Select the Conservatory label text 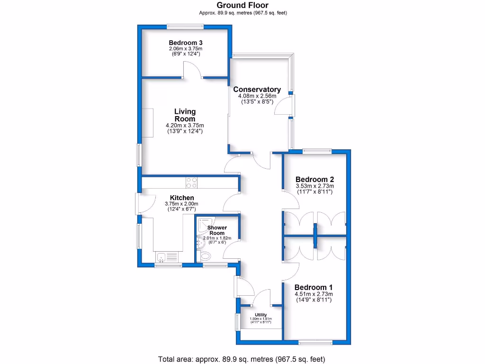point(257,89)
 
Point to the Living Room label point(185,115)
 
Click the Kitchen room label point(182,198)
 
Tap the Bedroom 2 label point(315,179)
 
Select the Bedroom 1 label point(313,287)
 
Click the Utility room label point(260,315)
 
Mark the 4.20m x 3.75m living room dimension point(184,125)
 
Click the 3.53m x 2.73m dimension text point(315,186)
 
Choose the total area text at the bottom point(242,359)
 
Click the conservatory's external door point(287,105)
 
